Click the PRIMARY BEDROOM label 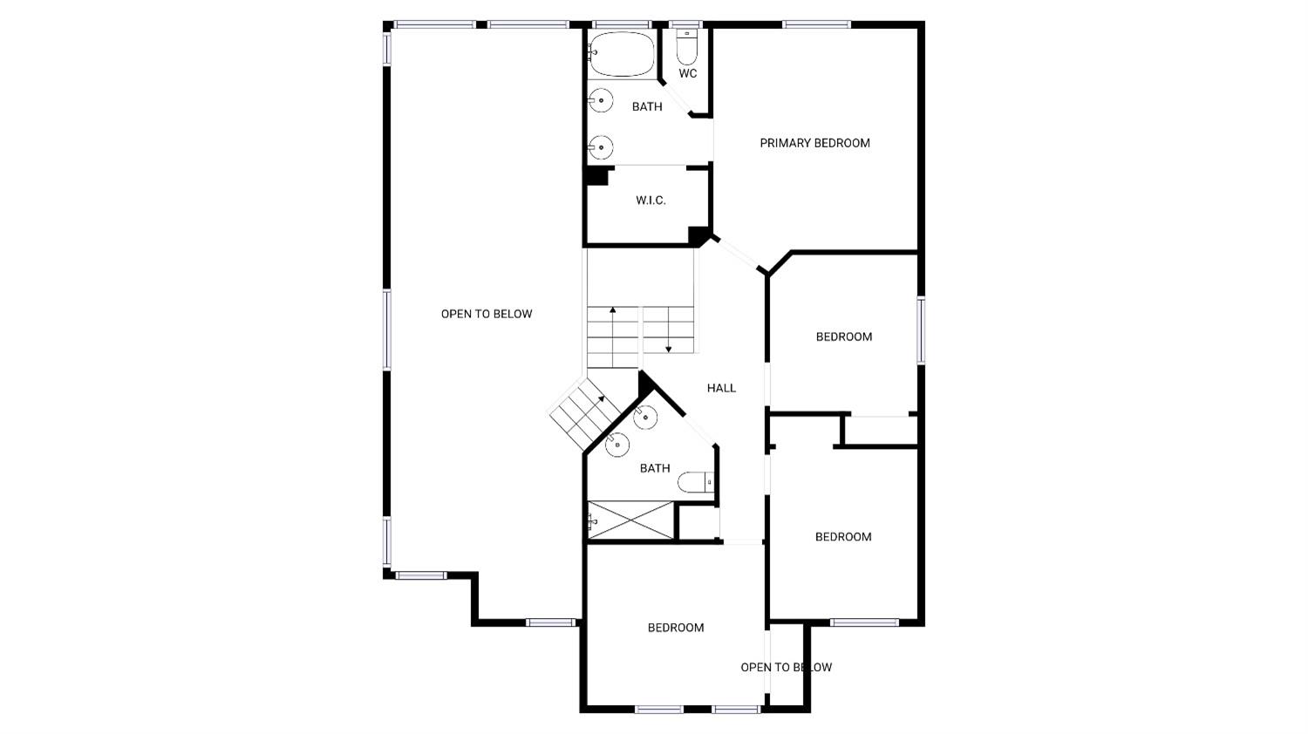pyautogui.click(x=814, y=143)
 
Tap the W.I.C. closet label pyautogui.click(x=651, y=200)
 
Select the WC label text pyautogui.click(x=688, y=74)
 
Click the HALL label pyautogui.click(x=721, y=388)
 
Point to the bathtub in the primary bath pyautogui.click(x=622, y=54)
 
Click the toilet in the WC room pyautogui.click(x=687, y=49)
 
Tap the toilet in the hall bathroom pyautogui.click(x=697, y=482)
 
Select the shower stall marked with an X pyautogui.click(x=630, y=520)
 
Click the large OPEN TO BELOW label pyautogui.click(x=487, y=314)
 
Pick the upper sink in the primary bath pyautogui.click(x=601, y=100)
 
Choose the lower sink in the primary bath pyautogui.click(x=601, y=147)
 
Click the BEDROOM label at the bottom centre pyautogui.click(x=676, y=628)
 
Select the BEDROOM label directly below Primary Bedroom pyautogui.click(x=844, y=336)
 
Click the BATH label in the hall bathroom pyautogui.click(x=655, y=468)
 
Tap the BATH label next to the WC pyautogui.click(x=647, y=106)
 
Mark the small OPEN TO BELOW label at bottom pyautogui.click(x=786, y=668)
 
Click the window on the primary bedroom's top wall pyautogui.click(x=816, y=24)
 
